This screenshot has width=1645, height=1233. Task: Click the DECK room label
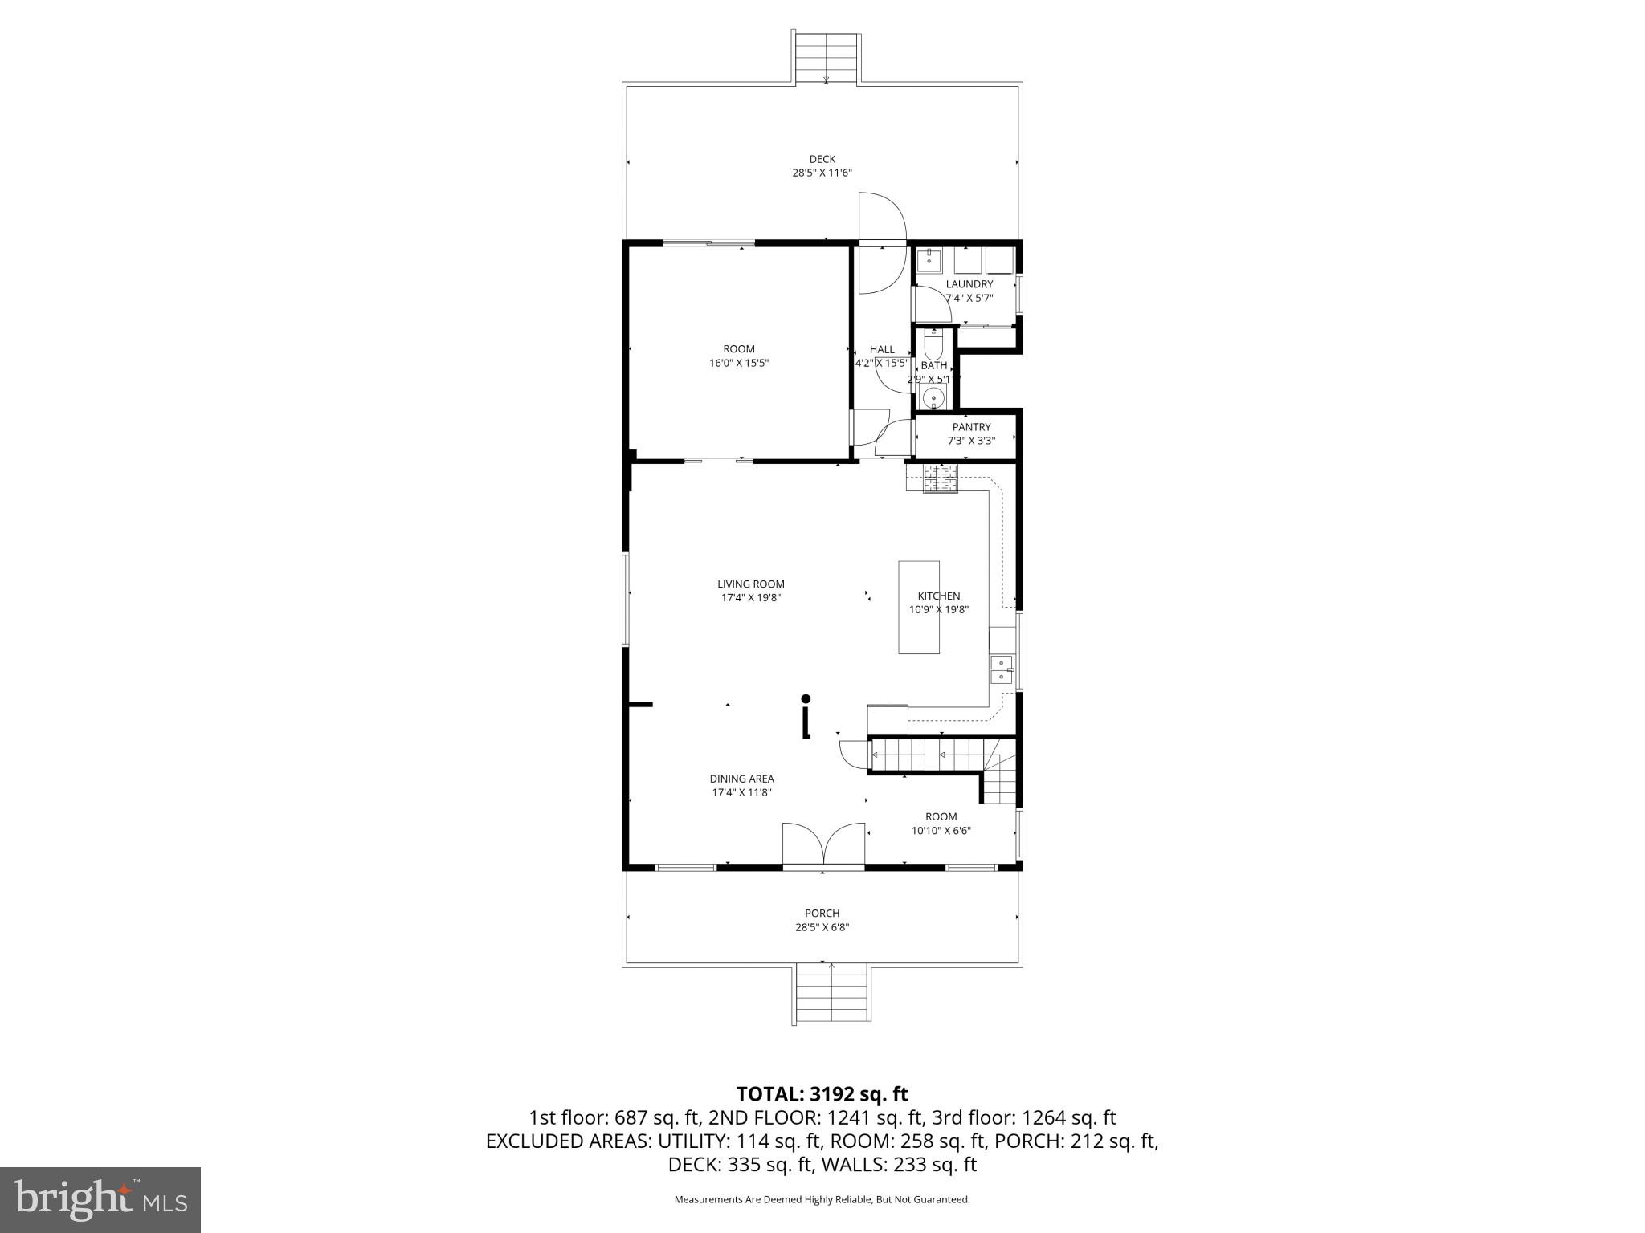click(x=822, y=159)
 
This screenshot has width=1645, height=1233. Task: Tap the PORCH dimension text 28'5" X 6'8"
click(x=822, y=927)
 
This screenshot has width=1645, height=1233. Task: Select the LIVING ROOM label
click(x=750, y=584)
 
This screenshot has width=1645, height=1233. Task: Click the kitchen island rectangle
click(x=918, y=608)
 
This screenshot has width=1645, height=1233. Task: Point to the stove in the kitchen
click(x=940, y=478)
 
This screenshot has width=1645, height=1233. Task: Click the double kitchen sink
click(x=1001, y=669)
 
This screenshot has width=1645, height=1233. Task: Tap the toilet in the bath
click(x=933, y=344)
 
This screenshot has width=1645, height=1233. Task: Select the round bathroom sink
click(x=933, y=397)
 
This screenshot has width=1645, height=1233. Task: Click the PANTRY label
click(x=971, y=427)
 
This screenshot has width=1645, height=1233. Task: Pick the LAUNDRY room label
click(x=969, y=284)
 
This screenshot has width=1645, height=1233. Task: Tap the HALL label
click(x=881, y=349)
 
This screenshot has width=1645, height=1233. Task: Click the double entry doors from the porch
click(x=823, y=845)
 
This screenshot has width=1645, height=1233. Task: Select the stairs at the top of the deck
click(x=827, y=58)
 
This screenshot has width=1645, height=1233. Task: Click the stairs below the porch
click(x=831, y=993)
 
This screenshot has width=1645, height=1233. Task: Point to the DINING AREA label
click(x=741, y=779)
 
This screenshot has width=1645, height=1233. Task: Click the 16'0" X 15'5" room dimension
click(x=739, y=363)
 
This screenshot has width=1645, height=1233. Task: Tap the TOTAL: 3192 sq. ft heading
click(x=822, y=1093)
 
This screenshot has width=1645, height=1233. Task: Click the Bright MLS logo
click(x=100, y=1199)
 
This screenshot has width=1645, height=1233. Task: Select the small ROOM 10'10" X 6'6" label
click(x=941, y=817)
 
